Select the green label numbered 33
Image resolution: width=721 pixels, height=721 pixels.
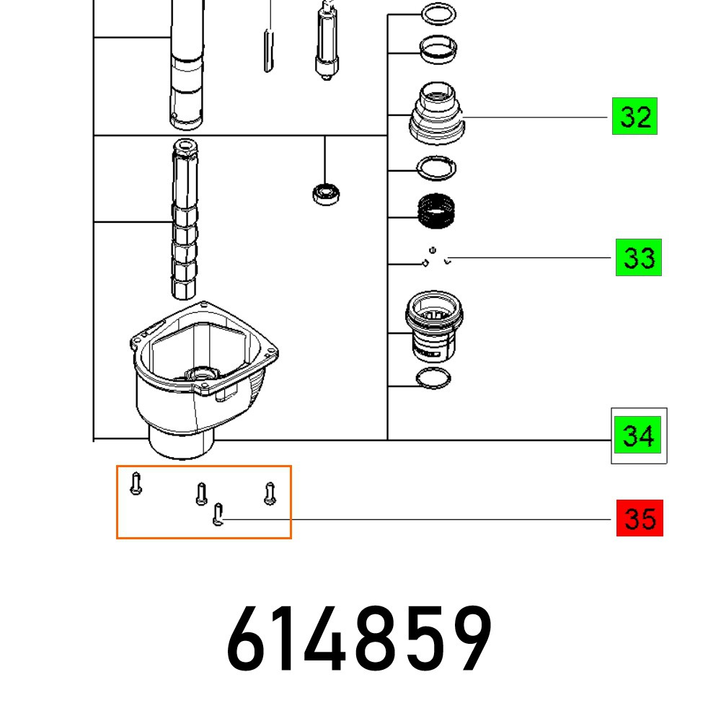(x=638, y=257)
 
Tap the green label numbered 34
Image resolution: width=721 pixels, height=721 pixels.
(x=639, y=435)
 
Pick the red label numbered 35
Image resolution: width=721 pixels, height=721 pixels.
(x=640, y=518)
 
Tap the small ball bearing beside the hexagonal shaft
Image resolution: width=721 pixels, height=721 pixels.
(x=326, y=193)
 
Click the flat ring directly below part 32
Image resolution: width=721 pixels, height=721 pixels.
(x=438, y=168)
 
